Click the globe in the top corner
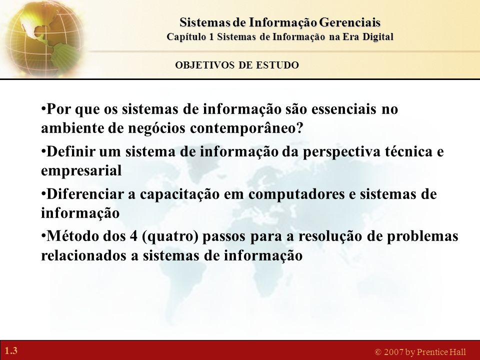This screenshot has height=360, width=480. (x=43, y=38)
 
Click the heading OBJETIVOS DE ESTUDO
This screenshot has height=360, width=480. (x=237, y=65)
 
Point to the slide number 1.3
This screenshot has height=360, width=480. (x=11, y=350)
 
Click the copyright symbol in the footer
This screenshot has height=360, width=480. (x=378, y=352)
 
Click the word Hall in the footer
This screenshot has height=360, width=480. (x=456, y=352)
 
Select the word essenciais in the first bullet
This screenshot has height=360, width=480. (x=344, y=109)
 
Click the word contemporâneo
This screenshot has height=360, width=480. (x=246, y=128)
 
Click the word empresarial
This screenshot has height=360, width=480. (x=81, y=171)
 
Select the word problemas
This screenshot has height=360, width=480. (x=422, y=236)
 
